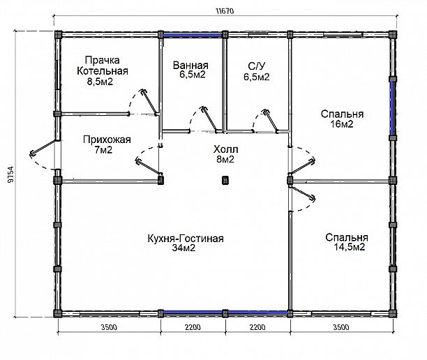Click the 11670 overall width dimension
pos(225,11)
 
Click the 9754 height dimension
pos(10,174)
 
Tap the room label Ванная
pos(190,66)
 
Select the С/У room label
pos(257,66)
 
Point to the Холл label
pos(226,149)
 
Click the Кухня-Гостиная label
pos(186,239)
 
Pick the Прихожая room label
pos(107,140)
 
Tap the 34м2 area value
pos(183,248)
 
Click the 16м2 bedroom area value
pos(342,124)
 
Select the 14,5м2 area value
pos(349,247)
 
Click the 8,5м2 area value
pos(100,82)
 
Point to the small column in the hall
pos(225,180)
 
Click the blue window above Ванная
pos(192,35)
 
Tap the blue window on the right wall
pos(392,109)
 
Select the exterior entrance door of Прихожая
pos(45,148)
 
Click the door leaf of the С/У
pos(271,121)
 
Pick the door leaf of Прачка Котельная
pos(149,101)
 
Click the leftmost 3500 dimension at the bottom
pos(109,327)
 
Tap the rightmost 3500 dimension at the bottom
pos(341,327)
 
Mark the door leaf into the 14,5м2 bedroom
pos(303,193)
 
